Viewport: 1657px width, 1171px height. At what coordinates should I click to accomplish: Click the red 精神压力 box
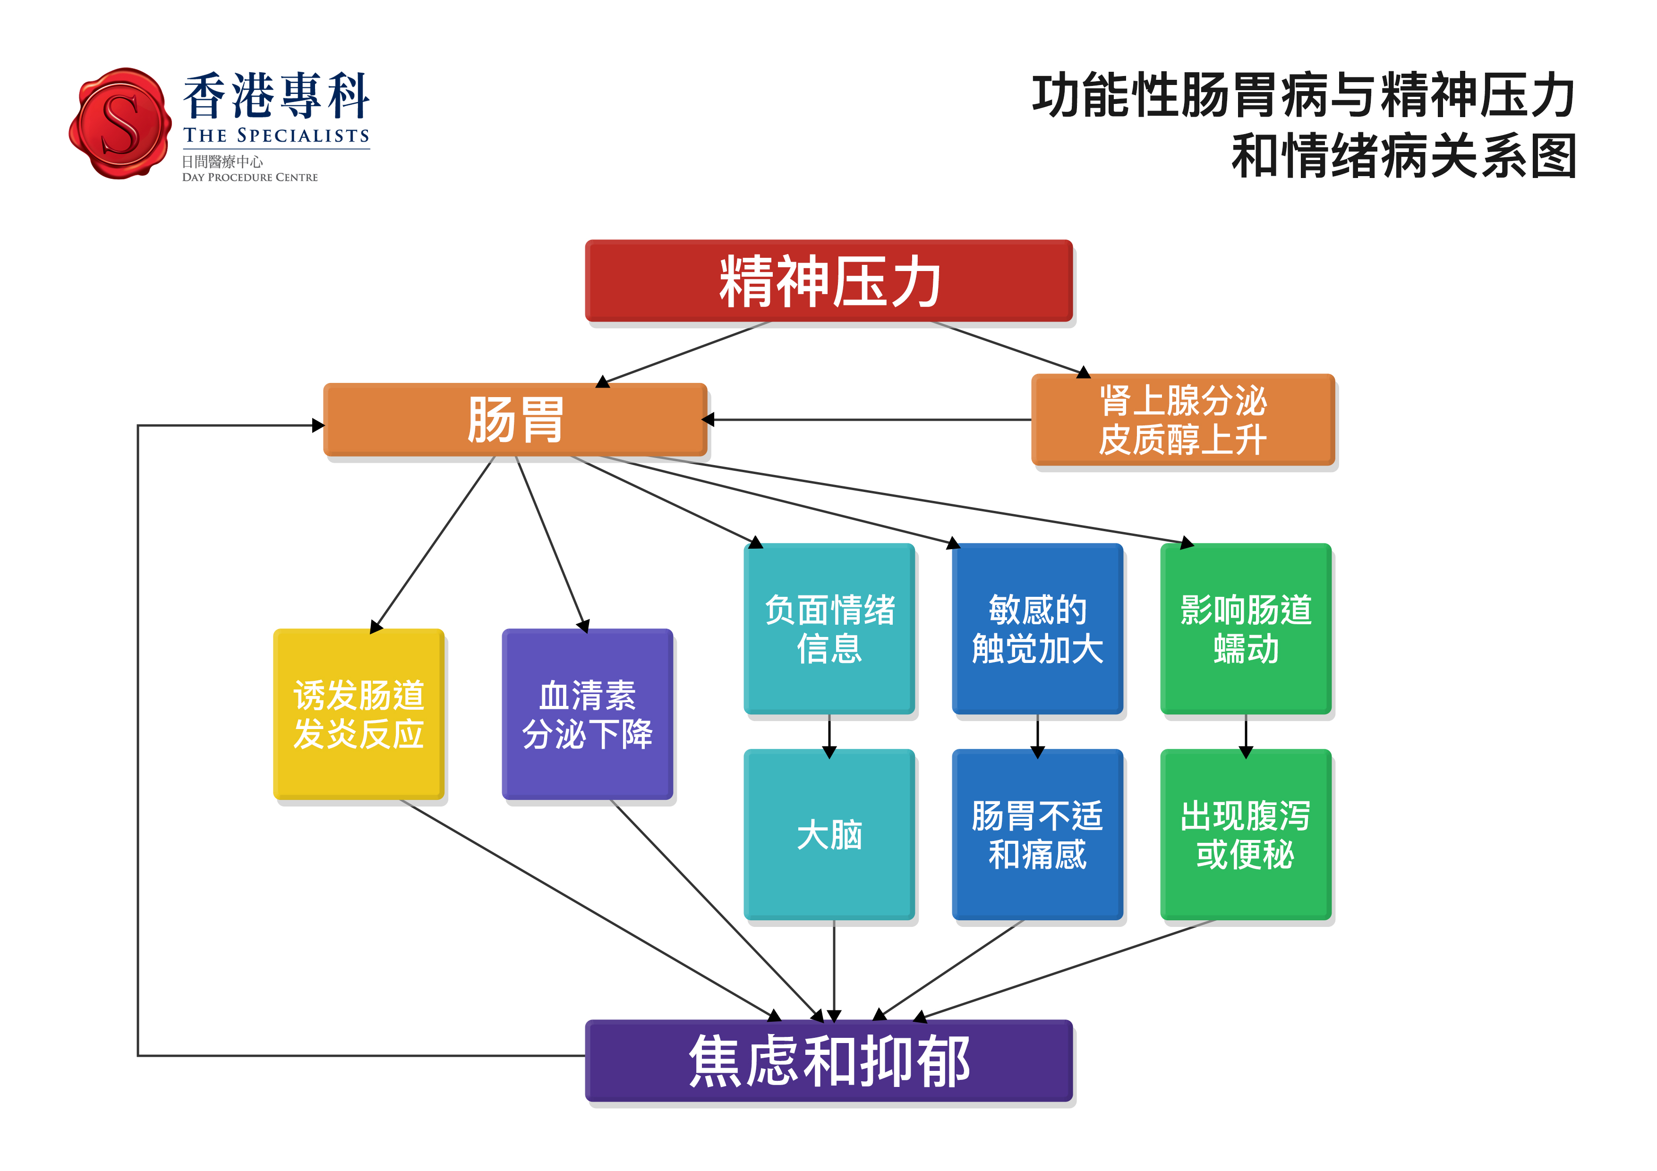coord(828,280)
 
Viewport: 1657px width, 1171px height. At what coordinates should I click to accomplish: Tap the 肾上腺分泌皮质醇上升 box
coord(1183,419)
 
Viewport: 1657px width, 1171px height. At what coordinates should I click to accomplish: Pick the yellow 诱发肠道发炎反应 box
coord(359,713)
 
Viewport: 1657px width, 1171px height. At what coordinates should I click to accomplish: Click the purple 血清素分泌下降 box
coord(588,713)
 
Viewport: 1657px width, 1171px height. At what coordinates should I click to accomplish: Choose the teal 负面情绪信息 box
coord(829,628)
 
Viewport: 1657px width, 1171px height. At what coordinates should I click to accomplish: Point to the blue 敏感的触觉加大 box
coord(1038,628)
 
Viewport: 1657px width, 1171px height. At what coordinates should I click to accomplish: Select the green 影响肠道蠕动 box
coord(1246,628)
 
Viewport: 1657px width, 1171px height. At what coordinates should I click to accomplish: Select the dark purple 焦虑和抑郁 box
coord(828,1060)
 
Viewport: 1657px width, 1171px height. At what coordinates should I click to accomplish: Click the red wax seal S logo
coord(120,123)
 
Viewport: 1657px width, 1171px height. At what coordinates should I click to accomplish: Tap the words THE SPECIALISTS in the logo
coord(276,136)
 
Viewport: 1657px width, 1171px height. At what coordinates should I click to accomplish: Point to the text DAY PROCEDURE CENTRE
coord(250,178)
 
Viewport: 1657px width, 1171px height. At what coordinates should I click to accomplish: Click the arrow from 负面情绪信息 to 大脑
coord(829,736)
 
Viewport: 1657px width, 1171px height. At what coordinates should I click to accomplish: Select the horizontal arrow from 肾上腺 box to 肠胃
coord(866,419)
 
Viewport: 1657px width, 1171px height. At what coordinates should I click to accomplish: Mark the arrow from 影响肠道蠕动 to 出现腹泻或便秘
coord(1246,736)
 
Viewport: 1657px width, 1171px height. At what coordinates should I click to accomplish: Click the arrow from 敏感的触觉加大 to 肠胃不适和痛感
coord(1038,736)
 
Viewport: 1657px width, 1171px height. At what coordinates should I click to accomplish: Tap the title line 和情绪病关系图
coord(1404,155)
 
